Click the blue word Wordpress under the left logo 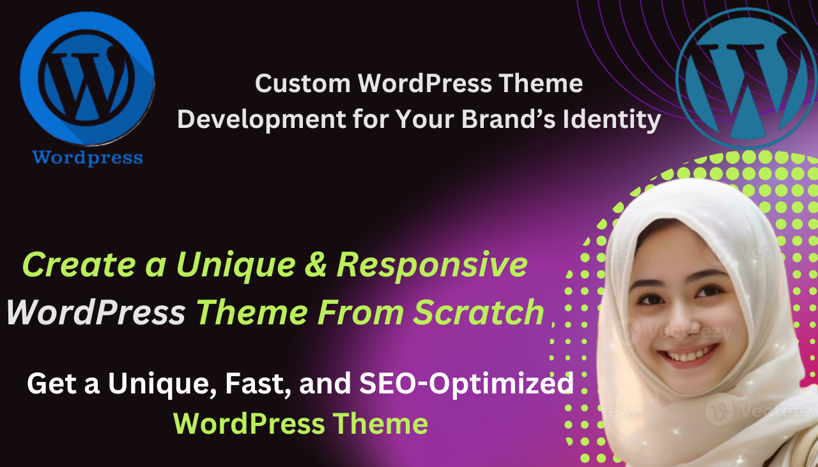tap(88, 157)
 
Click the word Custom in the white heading tap(302, 84)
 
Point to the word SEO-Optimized tap(466, 384)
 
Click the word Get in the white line tap(50, 384)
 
